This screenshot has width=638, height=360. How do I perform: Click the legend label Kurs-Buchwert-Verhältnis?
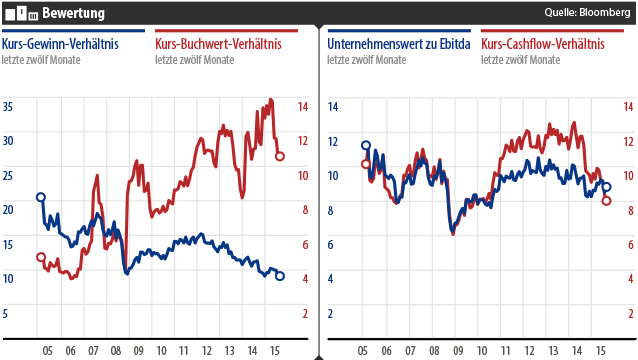(218, 44)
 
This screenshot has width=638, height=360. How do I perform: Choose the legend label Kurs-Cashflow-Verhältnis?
(546, 44)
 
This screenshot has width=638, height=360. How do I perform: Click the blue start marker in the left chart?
(41, 197)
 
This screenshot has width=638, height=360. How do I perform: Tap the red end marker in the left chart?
(280, 156)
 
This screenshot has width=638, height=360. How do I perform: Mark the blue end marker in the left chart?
(280, 276)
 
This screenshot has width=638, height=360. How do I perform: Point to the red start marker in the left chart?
(41, 257)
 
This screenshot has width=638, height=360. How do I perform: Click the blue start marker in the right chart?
(366, 146)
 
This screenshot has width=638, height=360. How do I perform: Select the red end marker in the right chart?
(606, 200)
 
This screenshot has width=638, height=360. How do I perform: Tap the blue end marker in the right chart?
(606, 187)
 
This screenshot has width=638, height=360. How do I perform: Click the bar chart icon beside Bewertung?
(21, 12)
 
